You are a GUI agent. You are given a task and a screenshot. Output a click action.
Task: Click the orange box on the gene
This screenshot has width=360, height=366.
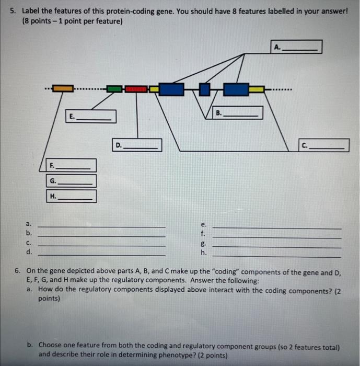tap(63, 89)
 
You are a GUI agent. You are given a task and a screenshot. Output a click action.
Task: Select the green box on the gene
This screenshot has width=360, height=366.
tap(114, 89)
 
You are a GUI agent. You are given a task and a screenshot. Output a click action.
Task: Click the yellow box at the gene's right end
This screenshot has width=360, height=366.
tap(257, 89)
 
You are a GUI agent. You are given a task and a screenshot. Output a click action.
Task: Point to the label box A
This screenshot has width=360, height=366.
tap(296, 47)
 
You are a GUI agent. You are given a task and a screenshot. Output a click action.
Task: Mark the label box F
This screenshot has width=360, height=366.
tap(71, 165)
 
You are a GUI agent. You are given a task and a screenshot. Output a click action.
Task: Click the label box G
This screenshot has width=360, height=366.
tap(71, 181)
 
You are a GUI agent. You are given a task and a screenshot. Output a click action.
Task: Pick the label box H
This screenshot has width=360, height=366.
tap(71, 196)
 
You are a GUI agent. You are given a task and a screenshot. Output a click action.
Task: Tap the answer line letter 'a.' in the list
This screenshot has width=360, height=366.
tap(29, 224)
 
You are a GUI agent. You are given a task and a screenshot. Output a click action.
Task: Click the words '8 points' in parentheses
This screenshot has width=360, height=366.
tap(36, 21)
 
